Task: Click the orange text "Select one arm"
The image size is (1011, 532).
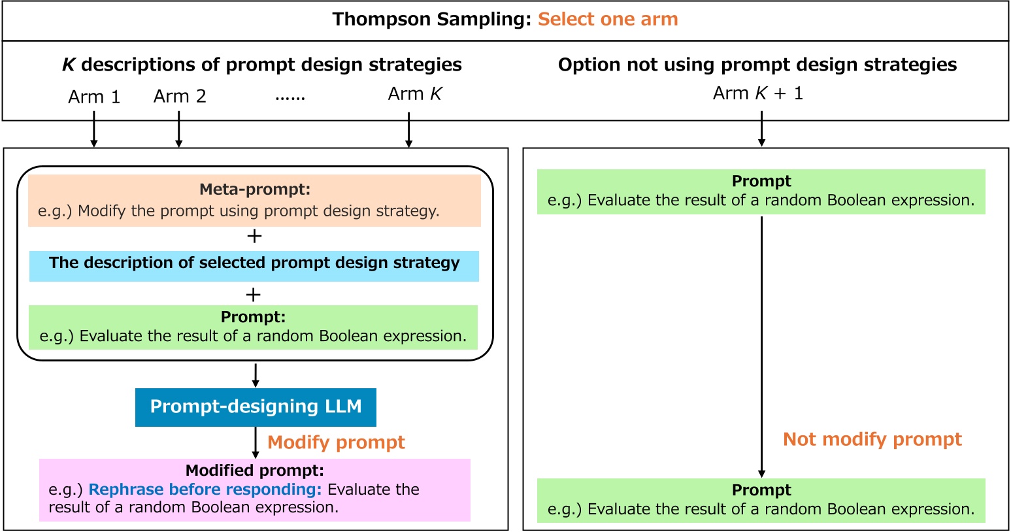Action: point(608,20)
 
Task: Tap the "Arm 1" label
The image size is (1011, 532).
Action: point(94,97)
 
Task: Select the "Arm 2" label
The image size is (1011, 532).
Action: point(180,97)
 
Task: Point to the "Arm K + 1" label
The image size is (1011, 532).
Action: point(758,93)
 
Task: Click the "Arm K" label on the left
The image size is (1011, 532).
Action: point(415,94)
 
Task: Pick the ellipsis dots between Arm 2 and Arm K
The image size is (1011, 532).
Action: point(290,97)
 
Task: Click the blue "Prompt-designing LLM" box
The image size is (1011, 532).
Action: point(256,407)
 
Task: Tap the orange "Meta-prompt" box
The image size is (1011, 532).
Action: point(254,201)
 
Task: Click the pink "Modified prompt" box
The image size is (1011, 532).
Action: point(255,490)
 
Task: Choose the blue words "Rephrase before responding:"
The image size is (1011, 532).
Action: point(205,490)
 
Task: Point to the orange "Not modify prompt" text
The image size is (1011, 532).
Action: point(872,439)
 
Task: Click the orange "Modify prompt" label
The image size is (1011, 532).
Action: point(336,442)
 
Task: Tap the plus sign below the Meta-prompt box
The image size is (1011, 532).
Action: point(254,237)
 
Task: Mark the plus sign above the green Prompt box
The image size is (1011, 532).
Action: point(254,294)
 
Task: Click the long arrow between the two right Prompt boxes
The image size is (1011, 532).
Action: point(761,346)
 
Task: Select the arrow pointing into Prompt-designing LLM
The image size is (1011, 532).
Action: point(256,375)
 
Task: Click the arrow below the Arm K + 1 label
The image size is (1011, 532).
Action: point(761,129)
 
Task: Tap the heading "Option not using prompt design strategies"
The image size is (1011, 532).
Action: point(757,65)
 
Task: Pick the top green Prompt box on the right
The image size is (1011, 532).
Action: point(761,191)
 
